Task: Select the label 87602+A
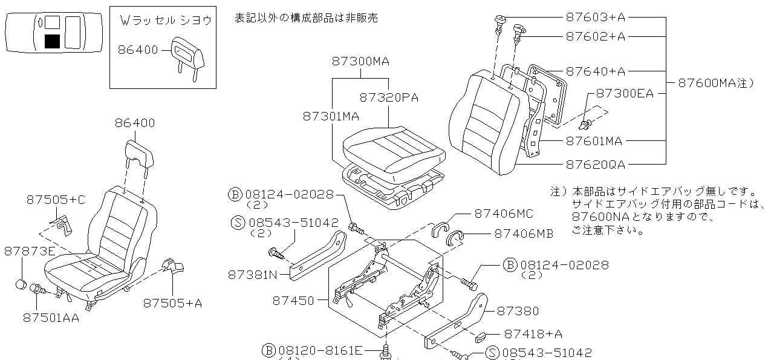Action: (x=595, y=36)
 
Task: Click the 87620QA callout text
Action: (x=595, y=164)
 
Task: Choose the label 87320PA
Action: (x=389, y=97)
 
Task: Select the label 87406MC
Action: (x=504, y=213)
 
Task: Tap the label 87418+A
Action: (x=533, y=333)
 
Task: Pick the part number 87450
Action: (x=293, y=300)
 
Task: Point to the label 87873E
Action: (x=29, y=250)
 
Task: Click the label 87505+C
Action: (x=55, y=200)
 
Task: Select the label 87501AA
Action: (x=51, y=317)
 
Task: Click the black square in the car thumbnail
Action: (x=53, y=41)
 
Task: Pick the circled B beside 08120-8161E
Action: (x=269, y=350)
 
